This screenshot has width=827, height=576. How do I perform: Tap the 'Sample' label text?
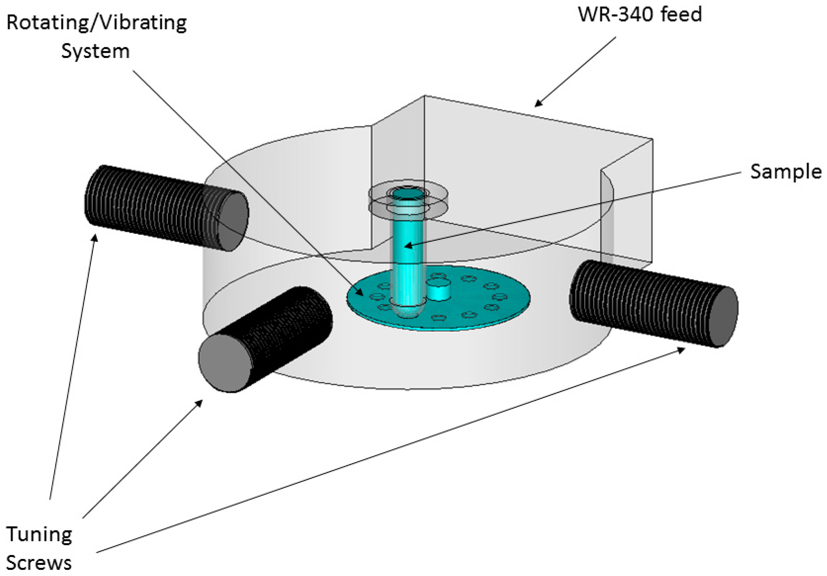point(786,172)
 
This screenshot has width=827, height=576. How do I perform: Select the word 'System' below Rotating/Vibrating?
point(95,51)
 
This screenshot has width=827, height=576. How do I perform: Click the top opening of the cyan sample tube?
point(408,194)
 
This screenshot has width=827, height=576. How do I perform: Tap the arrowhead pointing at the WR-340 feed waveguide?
point(537,104)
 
